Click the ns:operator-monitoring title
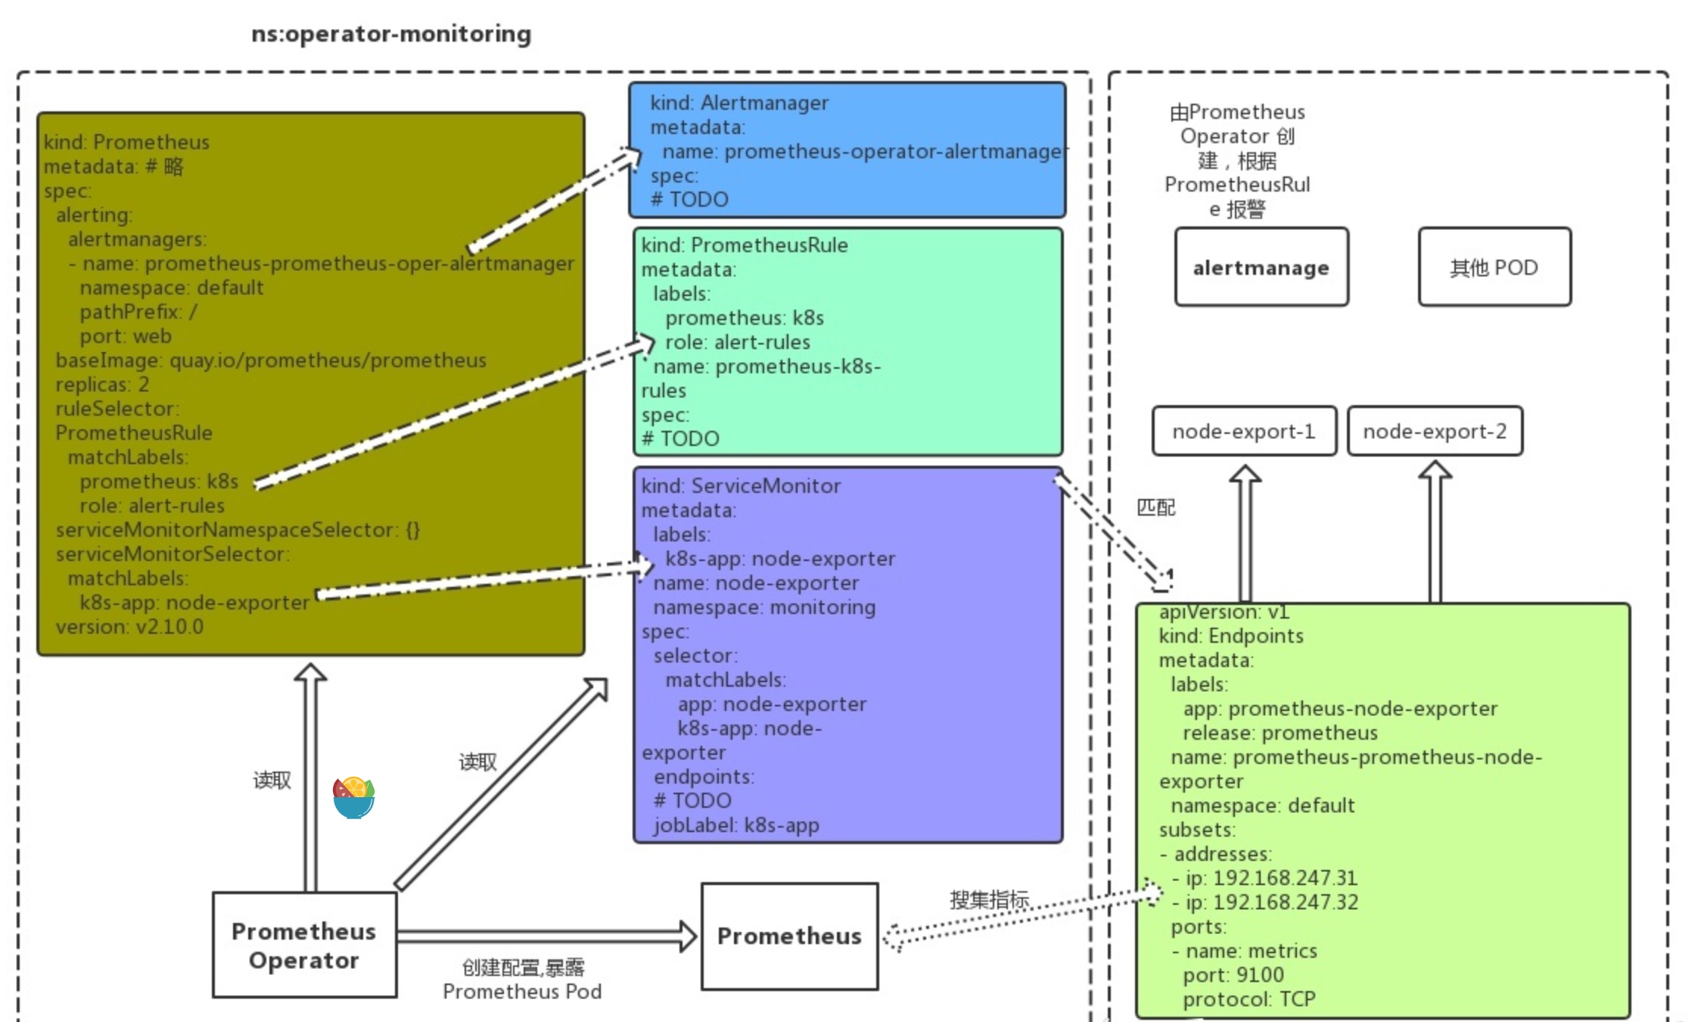pos(391,34)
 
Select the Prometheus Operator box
pos(304,945)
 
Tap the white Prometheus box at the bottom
pos(790,936)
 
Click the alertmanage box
pos(1261,267)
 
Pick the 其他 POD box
pos(1494,267)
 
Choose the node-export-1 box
pos(1244,432)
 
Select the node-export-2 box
pos(1435,432)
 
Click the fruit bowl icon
pos(353,798)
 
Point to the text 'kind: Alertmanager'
pos(739,103)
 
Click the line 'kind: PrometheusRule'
pos(745,245)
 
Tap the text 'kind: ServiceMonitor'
pos(741,486)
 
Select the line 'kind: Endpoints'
pos(1231,636)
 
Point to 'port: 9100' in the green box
pos(1233,975)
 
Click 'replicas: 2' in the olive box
pos(102,385)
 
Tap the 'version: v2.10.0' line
pos(129,627)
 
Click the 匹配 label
pos(1156,508)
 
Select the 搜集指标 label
pos(990,900)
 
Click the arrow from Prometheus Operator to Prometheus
pos(546,936)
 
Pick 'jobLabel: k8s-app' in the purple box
pos(736,825)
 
